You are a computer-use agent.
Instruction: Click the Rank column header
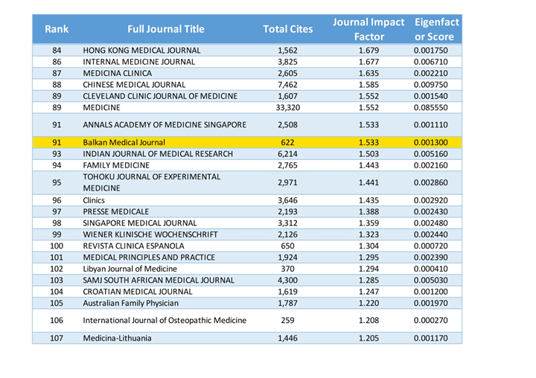[x=57, y=29]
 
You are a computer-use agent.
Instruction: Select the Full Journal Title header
[x=166, y=29]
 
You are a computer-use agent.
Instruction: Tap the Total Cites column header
[x=288, y=29]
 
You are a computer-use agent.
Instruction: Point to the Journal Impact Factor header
[x=368, y=30]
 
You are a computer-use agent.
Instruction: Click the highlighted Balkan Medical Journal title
[x=124, y=142]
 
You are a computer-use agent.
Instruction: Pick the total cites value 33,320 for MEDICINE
[x=288, y=108]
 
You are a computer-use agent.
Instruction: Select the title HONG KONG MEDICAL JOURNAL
[x=141, y=51]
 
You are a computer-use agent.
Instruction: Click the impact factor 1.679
[x=368, y=51]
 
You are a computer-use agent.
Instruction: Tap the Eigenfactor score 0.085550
[x=430, y=108]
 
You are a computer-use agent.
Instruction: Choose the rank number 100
[x=57, y=246]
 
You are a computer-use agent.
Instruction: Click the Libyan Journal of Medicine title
[x=130, y=269]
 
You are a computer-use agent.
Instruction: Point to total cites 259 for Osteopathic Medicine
[x=288, y=320]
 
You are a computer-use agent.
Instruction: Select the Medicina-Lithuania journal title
[x=117, y=338]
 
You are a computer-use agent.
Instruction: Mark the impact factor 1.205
[x=368, y=338]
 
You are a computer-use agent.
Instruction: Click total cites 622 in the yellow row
[x=288, y=142]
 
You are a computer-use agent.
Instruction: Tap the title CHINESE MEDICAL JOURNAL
[x=134, y=85]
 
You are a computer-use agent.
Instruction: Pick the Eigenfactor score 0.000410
[x=430, y=269]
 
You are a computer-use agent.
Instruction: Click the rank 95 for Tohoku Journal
[x=57, y=182]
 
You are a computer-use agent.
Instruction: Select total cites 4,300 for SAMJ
[x=288, y=281]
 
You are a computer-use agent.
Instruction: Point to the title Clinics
[x=94, y=200]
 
